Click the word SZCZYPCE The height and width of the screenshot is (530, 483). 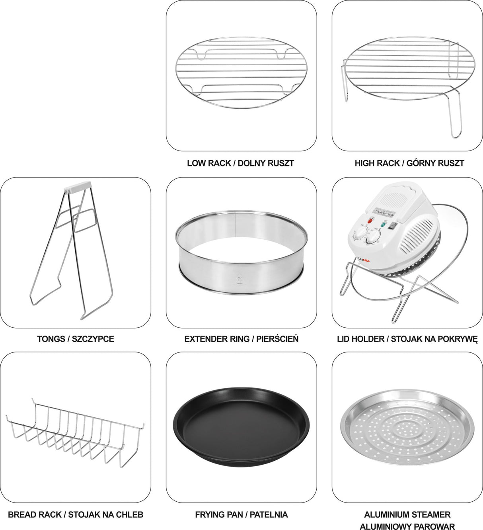coord(93,339)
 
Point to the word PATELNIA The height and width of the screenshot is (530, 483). coord(269,514)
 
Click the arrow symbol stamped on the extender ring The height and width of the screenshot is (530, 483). coord(240,279)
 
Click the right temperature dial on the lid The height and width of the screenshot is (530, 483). coord(373,239)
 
